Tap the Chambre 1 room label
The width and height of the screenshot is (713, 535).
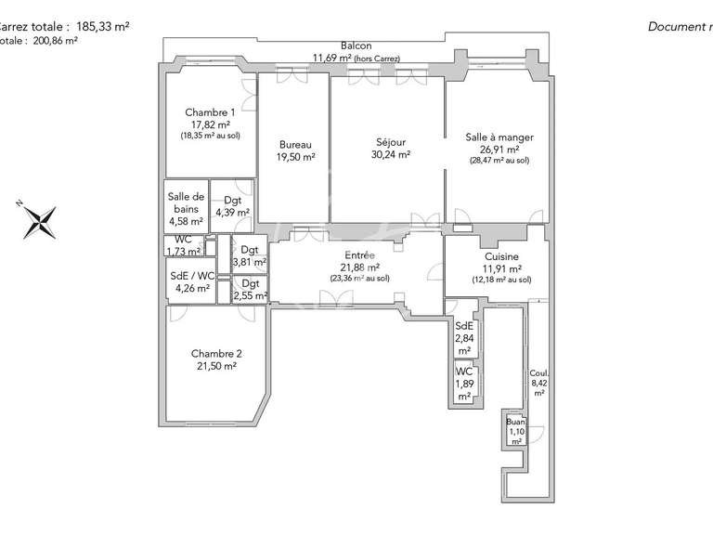209,111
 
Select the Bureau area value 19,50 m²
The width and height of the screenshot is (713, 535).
295,157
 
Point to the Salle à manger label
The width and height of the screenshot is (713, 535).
499,137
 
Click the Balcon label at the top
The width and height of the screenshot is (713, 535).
356,46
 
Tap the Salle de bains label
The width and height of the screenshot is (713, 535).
186,202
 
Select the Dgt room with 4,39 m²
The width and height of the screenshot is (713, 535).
232,206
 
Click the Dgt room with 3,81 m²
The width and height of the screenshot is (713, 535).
250,255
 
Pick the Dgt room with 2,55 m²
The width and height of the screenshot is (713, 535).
250,290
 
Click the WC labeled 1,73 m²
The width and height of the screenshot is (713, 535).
182,246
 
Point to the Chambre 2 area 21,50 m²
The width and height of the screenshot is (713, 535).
216,366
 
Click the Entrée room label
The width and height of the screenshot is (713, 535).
359,254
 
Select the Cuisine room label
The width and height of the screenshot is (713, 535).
501,256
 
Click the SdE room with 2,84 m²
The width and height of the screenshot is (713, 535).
464,337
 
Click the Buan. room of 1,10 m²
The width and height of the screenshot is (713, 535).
516,430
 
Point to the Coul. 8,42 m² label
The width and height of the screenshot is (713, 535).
538,380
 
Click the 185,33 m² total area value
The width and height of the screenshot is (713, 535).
104,27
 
